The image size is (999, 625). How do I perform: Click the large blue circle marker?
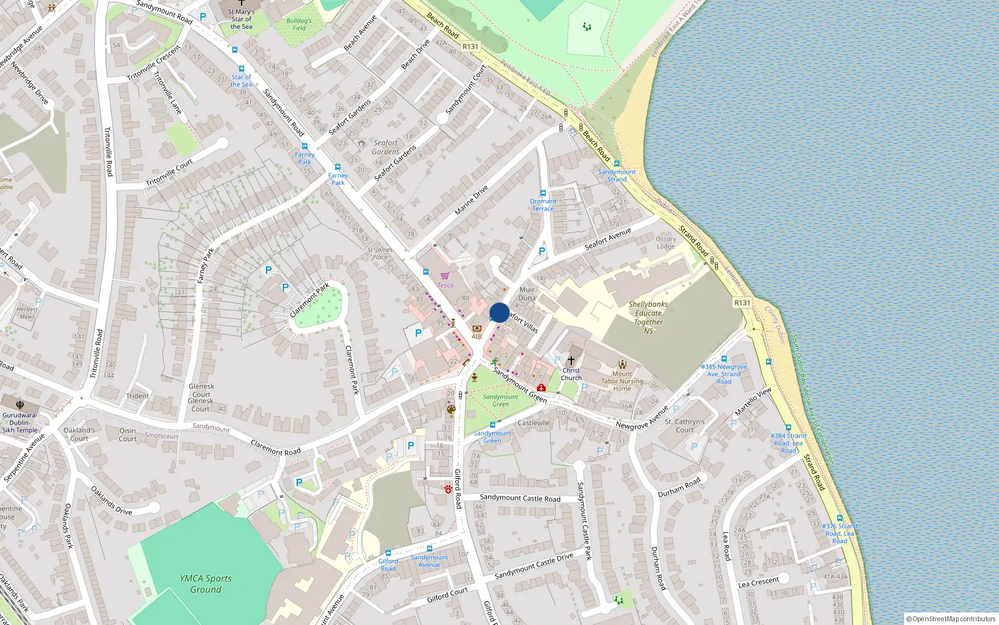tap(499, 312)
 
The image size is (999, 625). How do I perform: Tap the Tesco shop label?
tap(445, 285)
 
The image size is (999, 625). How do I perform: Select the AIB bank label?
tap(476, 336)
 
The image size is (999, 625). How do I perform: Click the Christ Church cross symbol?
tap(571, 361)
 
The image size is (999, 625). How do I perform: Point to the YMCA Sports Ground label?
tap(205, 584)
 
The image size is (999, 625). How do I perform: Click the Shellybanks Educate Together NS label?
tap(648, 317)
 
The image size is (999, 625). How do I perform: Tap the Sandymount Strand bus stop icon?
tap(616, 164)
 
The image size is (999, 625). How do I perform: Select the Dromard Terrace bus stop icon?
tap(543, 193)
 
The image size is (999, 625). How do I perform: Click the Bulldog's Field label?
tap(299, 24)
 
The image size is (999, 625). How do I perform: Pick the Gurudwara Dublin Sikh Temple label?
tap(19, 422)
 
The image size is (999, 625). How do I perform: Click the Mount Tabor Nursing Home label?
tap(622, 381)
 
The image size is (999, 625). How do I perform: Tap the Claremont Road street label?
tap(275, 447)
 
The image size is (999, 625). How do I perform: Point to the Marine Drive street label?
tap(471, 200)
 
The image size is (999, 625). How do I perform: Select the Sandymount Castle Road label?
tap(520, 498)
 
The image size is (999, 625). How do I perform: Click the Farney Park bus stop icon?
tap(338, 167)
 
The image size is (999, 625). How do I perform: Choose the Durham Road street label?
tap(679, 486)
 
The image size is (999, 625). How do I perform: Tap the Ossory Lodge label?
tap(666, 242)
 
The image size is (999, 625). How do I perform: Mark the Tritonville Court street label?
tap(169, 173)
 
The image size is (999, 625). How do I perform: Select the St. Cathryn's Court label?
tap(684, 426)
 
